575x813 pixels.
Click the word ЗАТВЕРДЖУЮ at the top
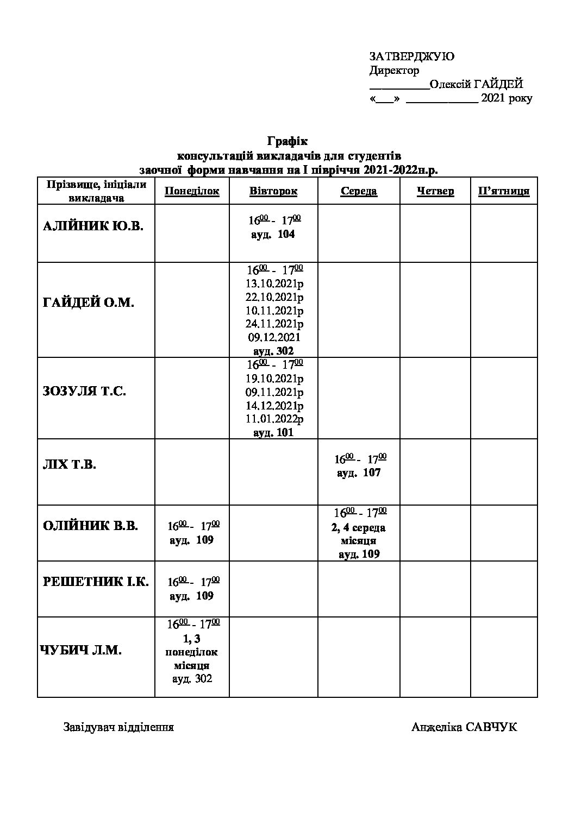(x=411, y=56)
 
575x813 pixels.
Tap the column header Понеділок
(x=192, y=191)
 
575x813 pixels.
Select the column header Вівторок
(x=273, y=191)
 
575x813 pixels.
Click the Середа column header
(x=359, y=191)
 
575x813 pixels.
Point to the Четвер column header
(x=435, y=191)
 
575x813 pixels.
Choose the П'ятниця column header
(x=504, y=191)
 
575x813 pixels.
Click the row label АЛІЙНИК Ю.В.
(x=93, y=226)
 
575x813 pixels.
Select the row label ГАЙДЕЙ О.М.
(x=88, y=303)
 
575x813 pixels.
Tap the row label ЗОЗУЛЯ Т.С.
(x=84, y=392)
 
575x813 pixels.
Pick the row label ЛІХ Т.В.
(x=69, y=465)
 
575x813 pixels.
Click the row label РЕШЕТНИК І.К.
(x=96, y=582)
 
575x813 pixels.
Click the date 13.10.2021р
(x=274, y=283)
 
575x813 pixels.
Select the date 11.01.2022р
(x=274, y=419)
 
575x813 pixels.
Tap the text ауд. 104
(x=273, y=234)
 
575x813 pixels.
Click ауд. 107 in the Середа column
(x=359, y=472)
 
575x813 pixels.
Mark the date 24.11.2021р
(x=274, y=324)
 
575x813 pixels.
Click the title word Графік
(x=287, y=142)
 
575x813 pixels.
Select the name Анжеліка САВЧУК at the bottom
(x=464, y=727)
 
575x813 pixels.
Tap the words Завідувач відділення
(x=118, y=727)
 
